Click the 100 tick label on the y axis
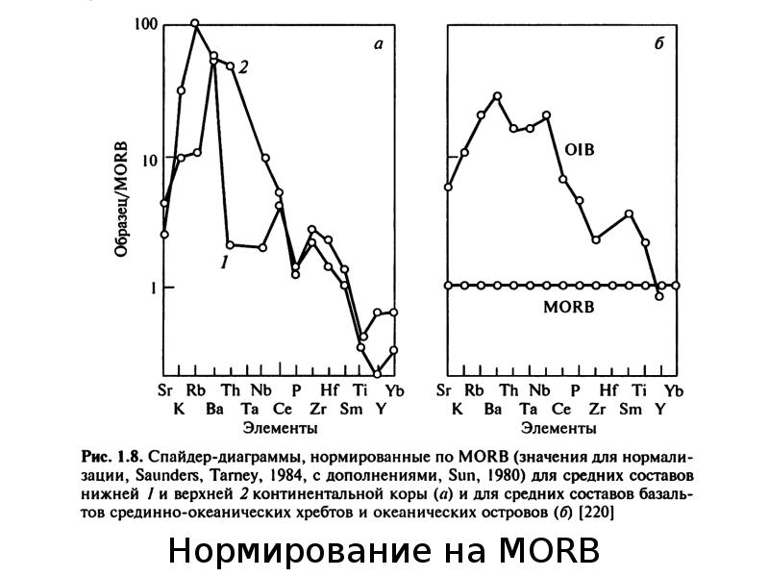pos(145,25)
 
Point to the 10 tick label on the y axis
pos(149,161)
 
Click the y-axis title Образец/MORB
pos(121,199)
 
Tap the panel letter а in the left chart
pos(378,44)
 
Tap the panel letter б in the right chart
pos(659,43)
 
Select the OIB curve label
pos(580,149)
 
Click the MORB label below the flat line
pos(568,307)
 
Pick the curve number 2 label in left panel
pos(243,67)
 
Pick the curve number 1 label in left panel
pos(224,263)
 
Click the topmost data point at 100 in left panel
pos(195,23)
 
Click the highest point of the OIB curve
pos(497,96)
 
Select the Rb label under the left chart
pos(196,390)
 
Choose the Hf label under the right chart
pos(608,390)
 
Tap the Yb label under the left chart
pos(395,390)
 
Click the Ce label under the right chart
pos(561,409)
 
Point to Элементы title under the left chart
pos(280,428)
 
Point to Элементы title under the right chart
pos(558,428)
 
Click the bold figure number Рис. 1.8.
pos(112,457)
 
